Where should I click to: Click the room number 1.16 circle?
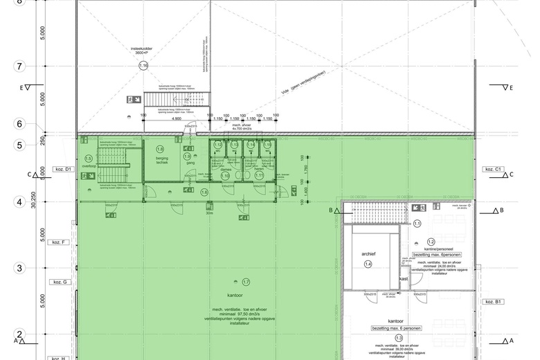pos(144,66)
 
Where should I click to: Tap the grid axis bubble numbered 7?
pos(20,66)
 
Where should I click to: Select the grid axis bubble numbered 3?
pos(20,268)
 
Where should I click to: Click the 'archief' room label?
pos(368,253)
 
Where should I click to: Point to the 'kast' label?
pos(404,279)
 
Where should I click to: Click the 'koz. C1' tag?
pos(494,169)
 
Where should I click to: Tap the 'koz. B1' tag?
pos(494,302)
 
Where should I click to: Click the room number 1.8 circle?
pos(160,149)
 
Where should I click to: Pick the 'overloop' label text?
pos(88,166)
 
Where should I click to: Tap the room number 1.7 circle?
pos(246,282)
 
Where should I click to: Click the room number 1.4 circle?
pos(368,264)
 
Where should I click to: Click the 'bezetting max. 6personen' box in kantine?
pos(431,255)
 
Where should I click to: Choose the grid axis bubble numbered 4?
pos(20,203)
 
